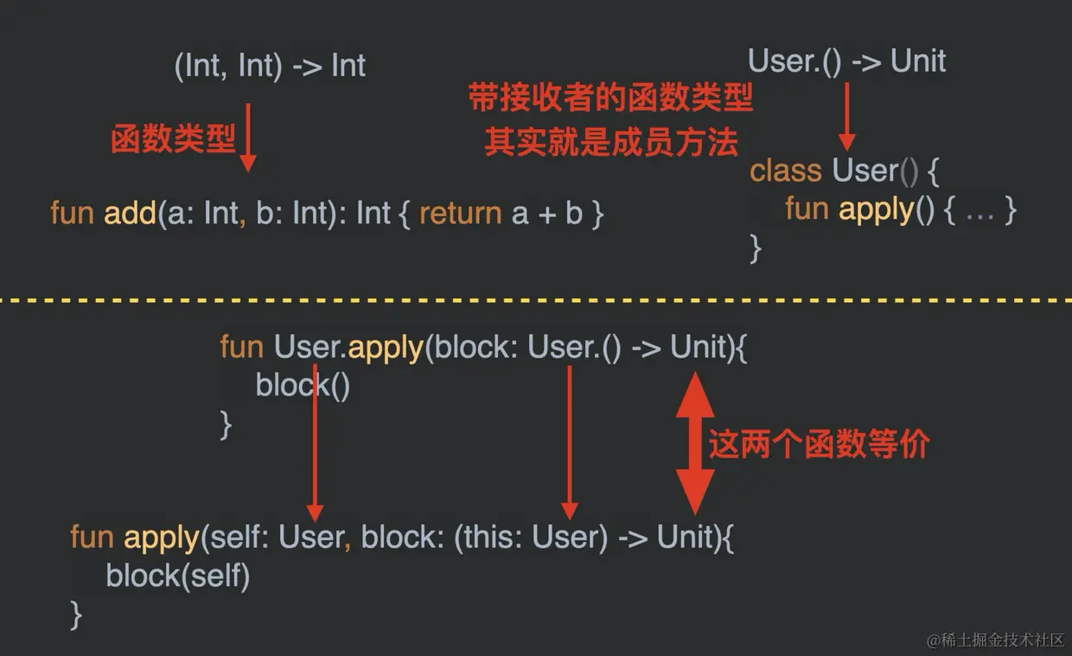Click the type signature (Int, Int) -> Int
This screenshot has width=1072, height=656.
click(270, 67)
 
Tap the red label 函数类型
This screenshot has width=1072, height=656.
click(173, 139)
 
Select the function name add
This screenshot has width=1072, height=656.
click(130, 213)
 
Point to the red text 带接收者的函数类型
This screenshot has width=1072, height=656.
click(610, 99)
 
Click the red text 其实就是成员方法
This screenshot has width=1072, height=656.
click(610, 142)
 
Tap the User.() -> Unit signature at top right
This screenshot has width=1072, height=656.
click(846, 61)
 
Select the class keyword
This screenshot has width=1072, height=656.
click(786, 170)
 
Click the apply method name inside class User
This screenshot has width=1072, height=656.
click(876, 209)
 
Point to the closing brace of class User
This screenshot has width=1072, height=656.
click(756, 248)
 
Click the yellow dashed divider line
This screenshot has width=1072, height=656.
click(536, 300)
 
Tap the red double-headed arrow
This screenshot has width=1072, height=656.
click(694, 443)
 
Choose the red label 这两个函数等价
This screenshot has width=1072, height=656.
click(819, 444)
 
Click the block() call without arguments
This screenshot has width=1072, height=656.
click(303, 385)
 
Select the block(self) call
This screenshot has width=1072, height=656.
click(177, 576)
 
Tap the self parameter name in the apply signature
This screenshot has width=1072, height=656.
click(228, 537)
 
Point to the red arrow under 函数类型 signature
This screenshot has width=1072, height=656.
click(248, 136)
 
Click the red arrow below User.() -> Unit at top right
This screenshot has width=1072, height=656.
click(846, 116)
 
